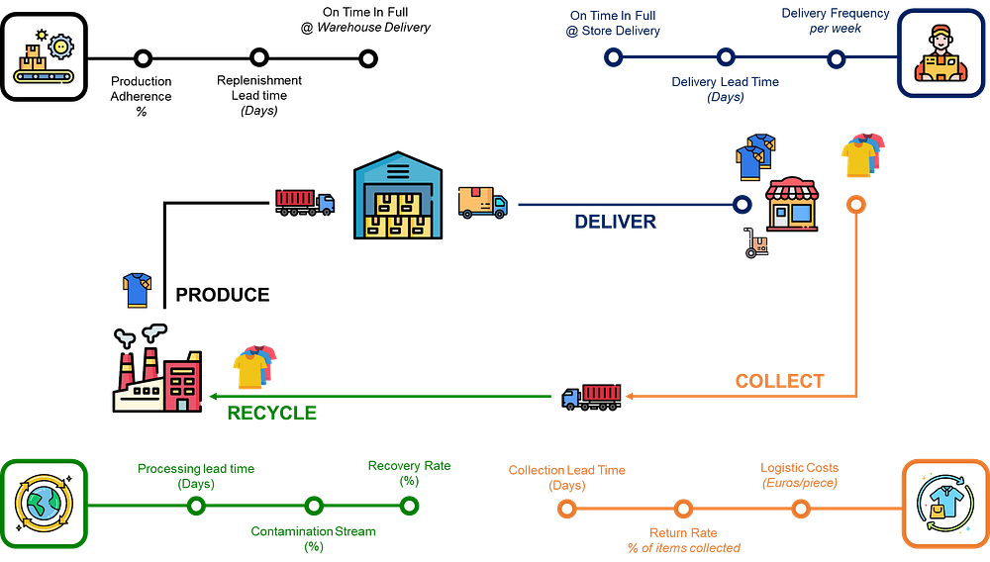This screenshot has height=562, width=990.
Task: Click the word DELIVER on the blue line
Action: pyautogui.click(x=615, y=222)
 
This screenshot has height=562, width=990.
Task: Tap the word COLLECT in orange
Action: pyautogui.click(x=779, y=381)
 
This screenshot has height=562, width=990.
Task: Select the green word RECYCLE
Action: pyautogui.click(x=271, y=413)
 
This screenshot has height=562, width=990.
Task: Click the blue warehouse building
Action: pyautogui.click(x=398, y=196)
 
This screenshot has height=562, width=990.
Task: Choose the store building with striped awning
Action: pyautogui.click(x=792, y=204)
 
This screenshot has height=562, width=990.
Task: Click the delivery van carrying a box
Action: pyautogui.click(x=482, y=202)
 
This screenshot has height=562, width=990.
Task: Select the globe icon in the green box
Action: pyautogui.click(x=44, y=503)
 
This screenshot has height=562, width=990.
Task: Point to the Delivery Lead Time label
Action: pyautogui.click(x=725, y=89)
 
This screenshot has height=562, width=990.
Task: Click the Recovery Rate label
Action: pyautogui.click(x=408, y=473)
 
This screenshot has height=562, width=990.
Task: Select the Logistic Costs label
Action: pyautogui.click(x=799, y=475)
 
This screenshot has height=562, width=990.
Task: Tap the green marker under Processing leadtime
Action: pyautogui.click(x=196, y=507)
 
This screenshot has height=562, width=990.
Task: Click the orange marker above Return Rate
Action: pyautogui.click(x=683, y=510)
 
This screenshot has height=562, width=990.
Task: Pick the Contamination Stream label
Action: pyautogui.click(x=313, y=538)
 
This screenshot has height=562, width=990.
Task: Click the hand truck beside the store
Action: pyautogui.click(x=757, y=243)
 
